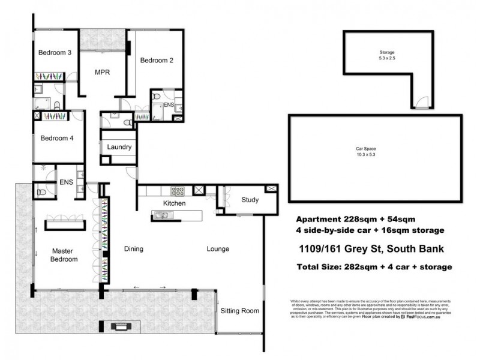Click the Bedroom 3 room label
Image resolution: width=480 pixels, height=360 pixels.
[x=55, y=53]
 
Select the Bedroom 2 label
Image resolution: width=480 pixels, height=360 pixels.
[x=157, y=60]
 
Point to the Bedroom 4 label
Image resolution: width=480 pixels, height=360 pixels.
[x=57, y=138]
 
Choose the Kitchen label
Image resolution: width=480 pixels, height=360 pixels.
[x=175, y=203]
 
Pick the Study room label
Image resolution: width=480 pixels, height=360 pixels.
[x=250, y=200]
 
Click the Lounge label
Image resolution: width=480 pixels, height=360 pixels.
[x=218, y=248]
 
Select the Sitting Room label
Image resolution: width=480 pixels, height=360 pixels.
[x=240, y=311]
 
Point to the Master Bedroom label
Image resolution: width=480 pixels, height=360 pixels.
[x=65, y=255]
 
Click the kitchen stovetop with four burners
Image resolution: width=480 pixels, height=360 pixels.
[x=178, y=191]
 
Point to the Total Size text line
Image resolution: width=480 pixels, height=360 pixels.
[x=375, y=267]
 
